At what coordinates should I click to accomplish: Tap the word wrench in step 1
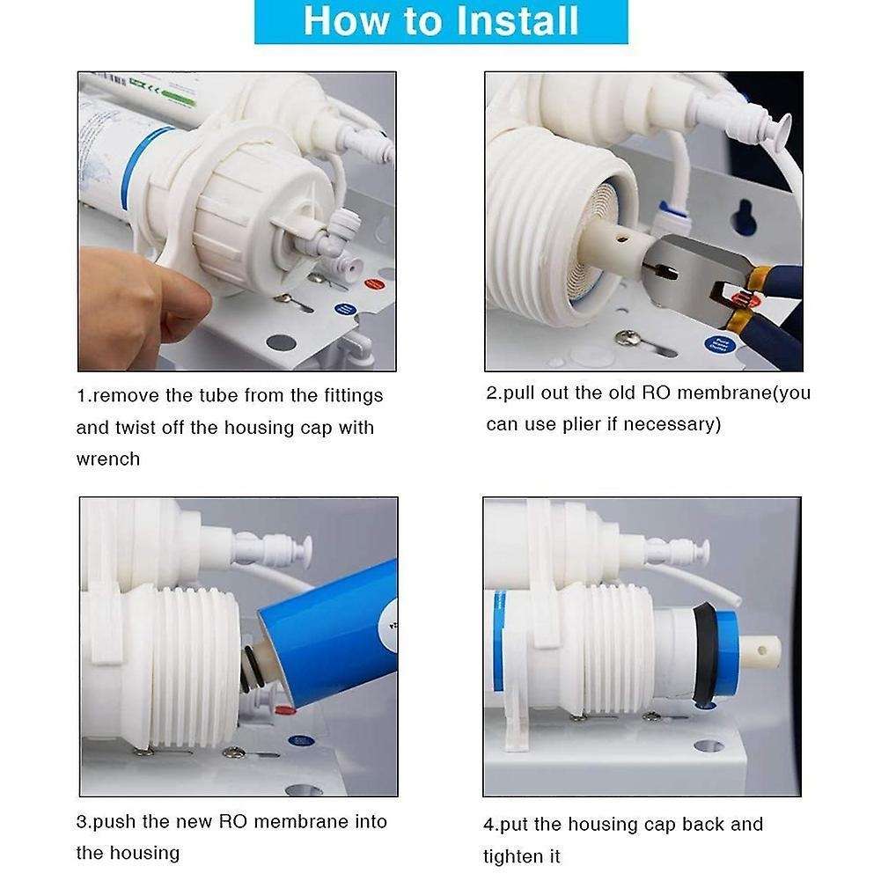(108, 459)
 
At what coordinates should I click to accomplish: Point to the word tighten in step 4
(518, 855)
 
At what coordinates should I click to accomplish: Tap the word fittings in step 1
(351, 396)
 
